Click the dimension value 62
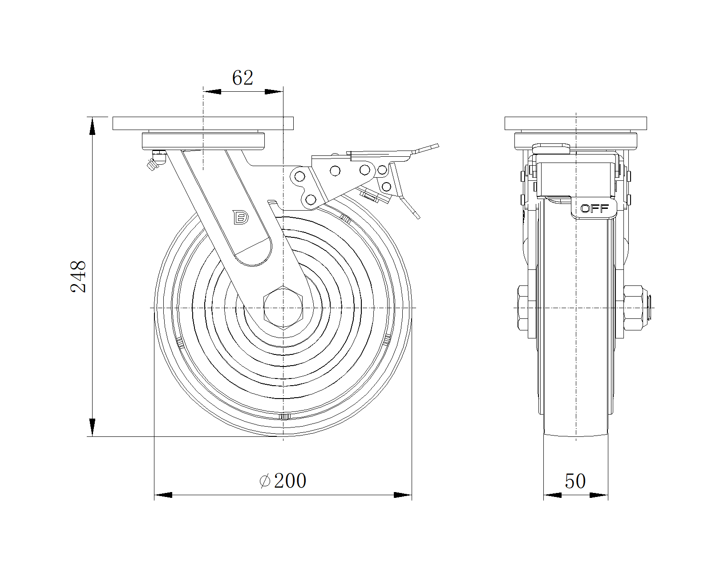[x=243, y=78]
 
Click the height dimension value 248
[x=78, y=277]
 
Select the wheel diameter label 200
[x=290, y=481]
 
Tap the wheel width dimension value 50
[x=575, y=481]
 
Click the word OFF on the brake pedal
[x=595, y=208]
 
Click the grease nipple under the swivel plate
[x=155, y=160]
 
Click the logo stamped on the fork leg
[x=241, y=217]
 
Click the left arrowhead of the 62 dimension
[x=212, y=91]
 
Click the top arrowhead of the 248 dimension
[x=92, y=126]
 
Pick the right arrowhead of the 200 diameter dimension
[x=403, y=495]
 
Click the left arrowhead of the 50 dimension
[x=553, y=495]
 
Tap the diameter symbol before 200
[x=265, y=481]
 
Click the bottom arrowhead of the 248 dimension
[x=92, y=427]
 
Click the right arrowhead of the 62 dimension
[x=274, y=91]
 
